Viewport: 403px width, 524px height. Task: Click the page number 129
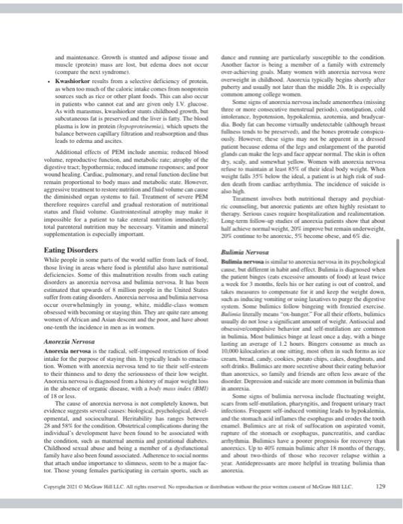click(x=358, y=508)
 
